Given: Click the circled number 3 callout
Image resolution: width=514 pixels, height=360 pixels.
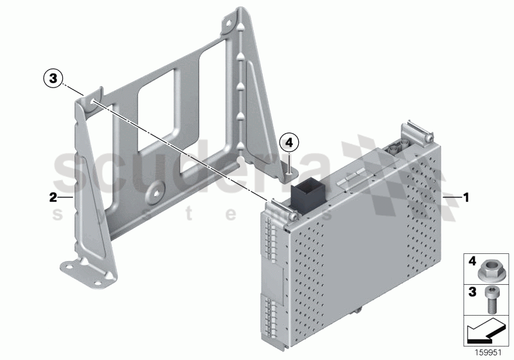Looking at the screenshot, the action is (x=53, y=78).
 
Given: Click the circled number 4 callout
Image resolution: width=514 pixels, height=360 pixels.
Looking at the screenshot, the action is (x=288, y=143).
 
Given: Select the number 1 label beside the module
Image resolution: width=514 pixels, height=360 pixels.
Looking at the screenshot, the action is (x=466, y=197).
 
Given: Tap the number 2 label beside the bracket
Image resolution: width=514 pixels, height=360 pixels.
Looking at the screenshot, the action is (x=53, y=197).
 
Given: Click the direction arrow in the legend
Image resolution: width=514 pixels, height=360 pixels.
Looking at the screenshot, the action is (x=485, y=331).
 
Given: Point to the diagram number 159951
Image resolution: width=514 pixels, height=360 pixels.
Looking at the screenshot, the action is (x=488, y=352).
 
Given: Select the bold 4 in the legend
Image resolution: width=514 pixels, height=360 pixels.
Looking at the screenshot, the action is (x=472, y=261).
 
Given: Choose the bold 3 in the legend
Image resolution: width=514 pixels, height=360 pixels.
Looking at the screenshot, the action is (x=472, y=291).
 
